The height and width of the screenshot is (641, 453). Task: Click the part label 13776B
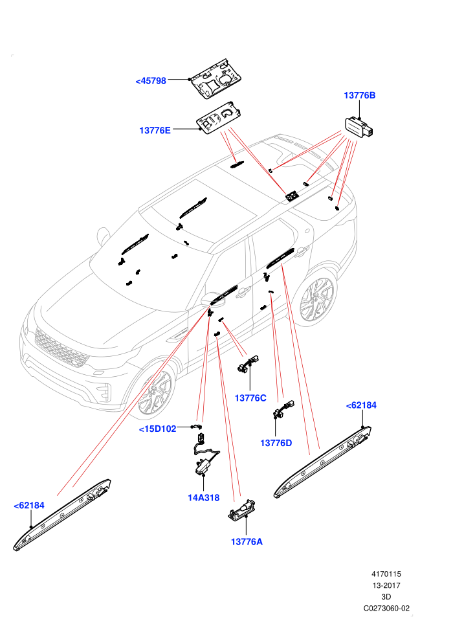tap(359, 95)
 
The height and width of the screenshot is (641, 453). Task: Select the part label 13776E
tap(155, 130)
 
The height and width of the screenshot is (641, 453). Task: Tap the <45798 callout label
tap(151, 81)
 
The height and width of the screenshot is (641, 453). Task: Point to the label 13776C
tap(250, 398)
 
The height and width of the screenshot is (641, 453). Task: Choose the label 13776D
tap(276, 443)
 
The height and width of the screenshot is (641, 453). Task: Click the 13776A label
tap(247, 542)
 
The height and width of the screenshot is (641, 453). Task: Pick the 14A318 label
tap(203, 498)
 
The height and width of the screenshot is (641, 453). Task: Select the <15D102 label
tap(158, 429)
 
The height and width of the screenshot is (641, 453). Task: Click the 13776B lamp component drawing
tap(359, 126)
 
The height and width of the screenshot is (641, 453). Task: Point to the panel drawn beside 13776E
tap(219, 117)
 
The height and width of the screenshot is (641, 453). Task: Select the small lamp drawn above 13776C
tap(248, 363)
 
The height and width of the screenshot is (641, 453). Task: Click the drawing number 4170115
tap(386, 574)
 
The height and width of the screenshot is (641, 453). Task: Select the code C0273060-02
tap(386, 609)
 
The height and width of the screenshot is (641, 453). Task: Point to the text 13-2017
tap(386, 586)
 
